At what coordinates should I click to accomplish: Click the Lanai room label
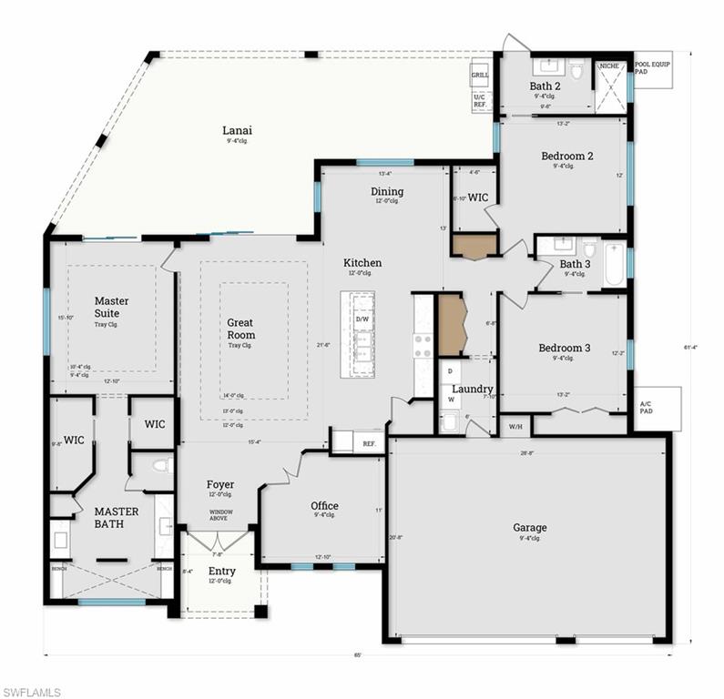coord(238,130)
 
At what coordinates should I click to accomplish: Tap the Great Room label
coord(240,329)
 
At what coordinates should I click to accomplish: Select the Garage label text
coord(529,527)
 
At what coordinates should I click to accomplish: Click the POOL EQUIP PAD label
coord(654,67)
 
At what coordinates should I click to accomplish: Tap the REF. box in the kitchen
coord(369,443)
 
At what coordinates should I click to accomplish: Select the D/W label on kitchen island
coord(362,319)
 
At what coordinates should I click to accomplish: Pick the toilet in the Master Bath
coord(160,466)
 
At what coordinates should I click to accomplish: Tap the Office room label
coord(324,506)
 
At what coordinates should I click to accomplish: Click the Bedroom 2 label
coord(567,156)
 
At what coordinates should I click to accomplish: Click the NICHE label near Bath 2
coord(609,66)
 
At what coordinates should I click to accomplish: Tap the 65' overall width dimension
coord(358,655)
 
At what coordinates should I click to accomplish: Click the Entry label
coord(221,572)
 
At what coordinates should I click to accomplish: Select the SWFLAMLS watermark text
coord(31,692)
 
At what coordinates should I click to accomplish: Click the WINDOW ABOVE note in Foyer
coord(221,515)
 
